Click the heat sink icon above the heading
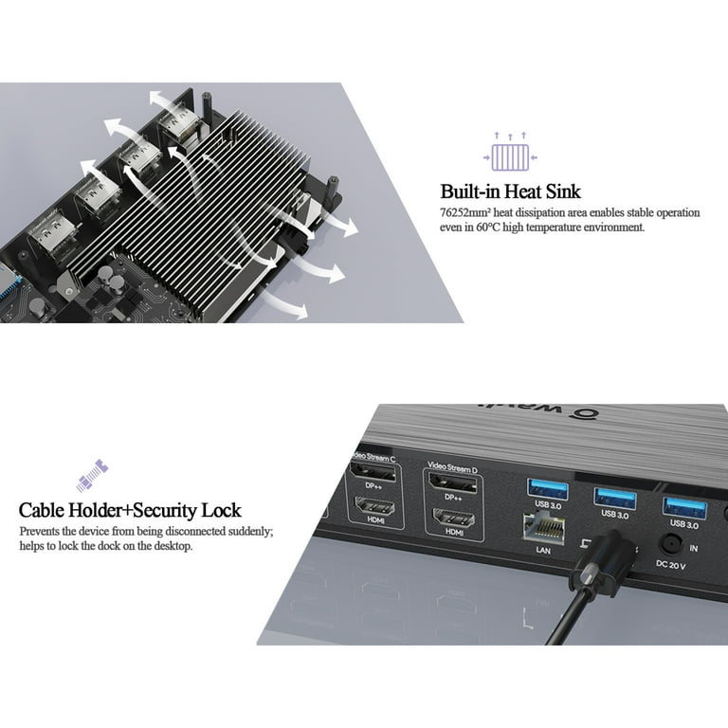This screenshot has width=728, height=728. coord(509,155)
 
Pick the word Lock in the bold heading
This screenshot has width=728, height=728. coord(223,511)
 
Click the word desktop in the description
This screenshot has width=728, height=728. coord(170,547)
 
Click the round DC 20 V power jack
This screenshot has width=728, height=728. coord(672,543)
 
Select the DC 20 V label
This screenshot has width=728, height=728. coord(670,565)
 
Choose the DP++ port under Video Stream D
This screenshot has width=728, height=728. coord(452,482)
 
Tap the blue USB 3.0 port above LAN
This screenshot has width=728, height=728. coord(549,489)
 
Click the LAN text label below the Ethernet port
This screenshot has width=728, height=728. coord(544,549)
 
